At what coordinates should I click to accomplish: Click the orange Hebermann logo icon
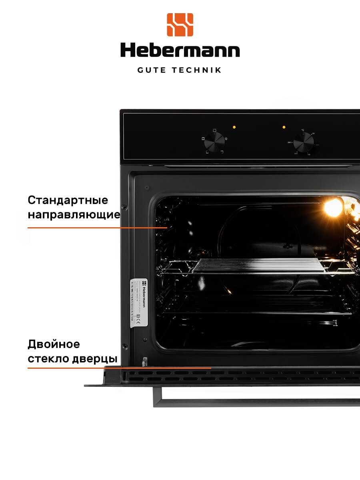[180, 25]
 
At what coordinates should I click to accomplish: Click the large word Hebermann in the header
[180, 50]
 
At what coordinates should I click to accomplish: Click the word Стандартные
[68, 200]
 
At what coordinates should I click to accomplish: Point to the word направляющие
[74, 215]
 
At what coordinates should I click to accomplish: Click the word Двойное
[54, 344]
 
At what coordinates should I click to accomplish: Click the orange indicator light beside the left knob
[234, 127]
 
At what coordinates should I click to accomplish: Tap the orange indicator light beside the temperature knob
[284, 127]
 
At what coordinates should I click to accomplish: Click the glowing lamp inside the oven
[333, 207]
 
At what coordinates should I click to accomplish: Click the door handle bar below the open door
[256, 402]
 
